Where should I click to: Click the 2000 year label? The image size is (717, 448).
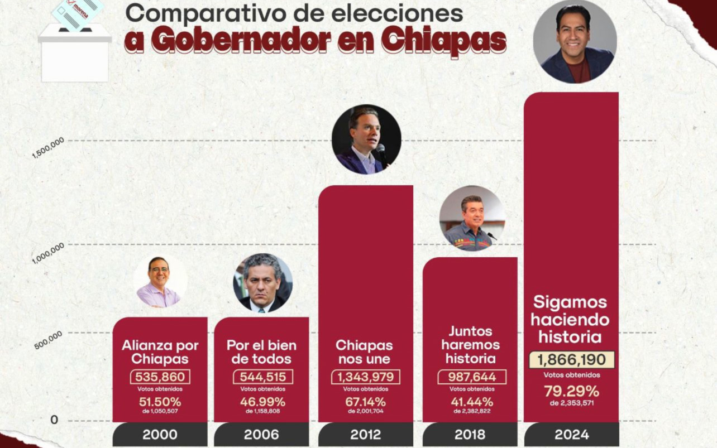[160, 435]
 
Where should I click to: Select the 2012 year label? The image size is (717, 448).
[365, 435]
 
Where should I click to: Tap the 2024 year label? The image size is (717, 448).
[571, 435]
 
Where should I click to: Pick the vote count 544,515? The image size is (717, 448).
[262, 377]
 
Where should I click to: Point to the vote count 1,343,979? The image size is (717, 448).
[365, 377]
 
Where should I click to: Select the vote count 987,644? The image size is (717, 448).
[471, 377]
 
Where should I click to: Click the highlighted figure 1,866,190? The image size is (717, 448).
[571, 360]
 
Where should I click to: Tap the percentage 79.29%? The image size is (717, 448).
[571, 391]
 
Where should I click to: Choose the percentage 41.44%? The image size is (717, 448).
[471, 401]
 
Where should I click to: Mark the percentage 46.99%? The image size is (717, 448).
[262, 401]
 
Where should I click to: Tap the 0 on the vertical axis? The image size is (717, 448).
[54, 420]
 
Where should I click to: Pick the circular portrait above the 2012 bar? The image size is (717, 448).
[366, 139]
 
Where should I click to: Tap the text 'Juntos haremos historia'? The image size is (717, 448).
[470, 345]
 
